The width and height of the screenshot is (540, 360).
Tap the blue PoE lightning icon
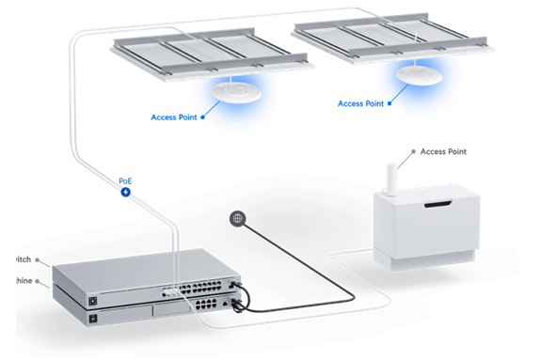pyautogui.click(x=125, y=192)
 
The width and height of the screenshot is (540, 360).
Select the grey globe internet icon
pyautogui.click(x=237, y=218)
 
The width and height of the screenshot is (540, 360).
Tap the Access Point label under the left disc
pyautogui.click(x=178, y=117)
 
